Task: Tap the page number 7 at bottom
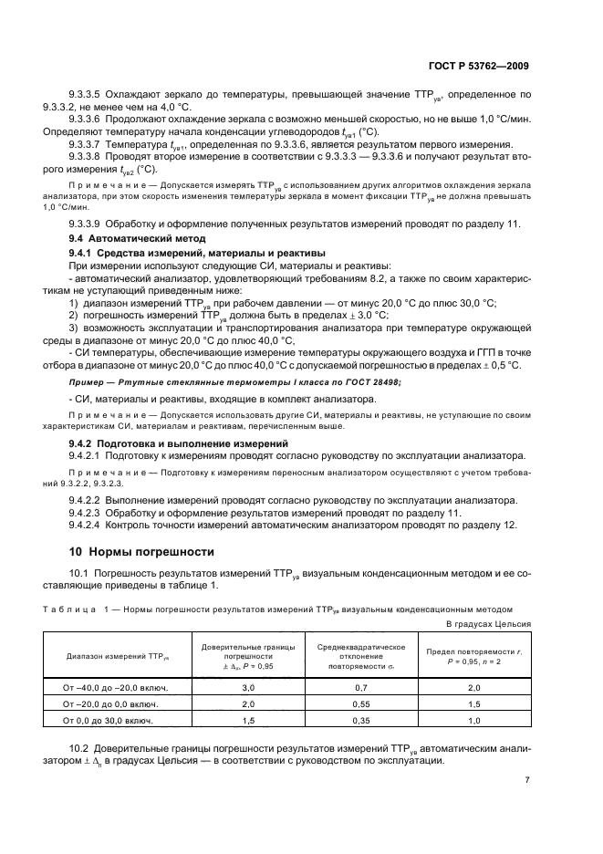pos(526,780)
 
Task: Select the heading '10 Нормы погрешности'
pos(142,551)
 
